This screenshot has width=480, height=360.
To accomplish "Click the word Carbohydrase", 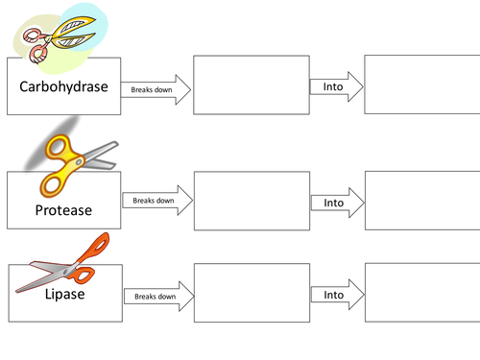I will click(62, 85).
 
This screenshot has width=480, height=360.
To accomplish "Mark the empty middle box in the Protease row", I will click(252, 202).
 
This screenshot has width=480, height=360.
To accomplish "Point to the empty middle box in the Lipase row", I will click(252, 295).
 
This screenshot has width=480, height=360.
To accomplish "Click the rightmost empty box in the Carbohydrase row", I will click(420, 86).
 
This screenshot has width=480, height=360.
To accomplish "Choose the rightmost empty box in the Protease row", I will click(420, 202).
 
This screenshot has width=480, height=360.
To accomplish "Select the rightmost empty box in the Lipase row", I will click(420, 295).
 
